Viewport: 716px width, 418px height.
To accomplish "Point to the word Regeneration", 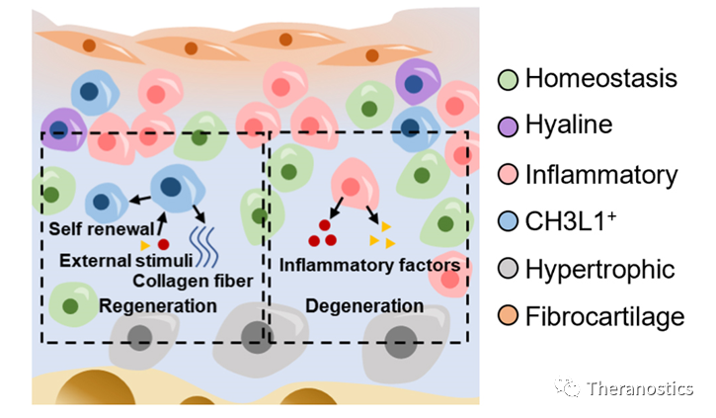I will pyautogui.click(x=157, y=306).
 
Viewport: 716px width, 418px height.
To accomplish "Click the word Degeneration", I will pyautogui.click(x=363, y=306).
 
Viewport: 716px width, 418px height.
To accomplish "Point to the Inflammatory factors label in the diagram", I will pyautogui.click(x=370, y=265).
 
